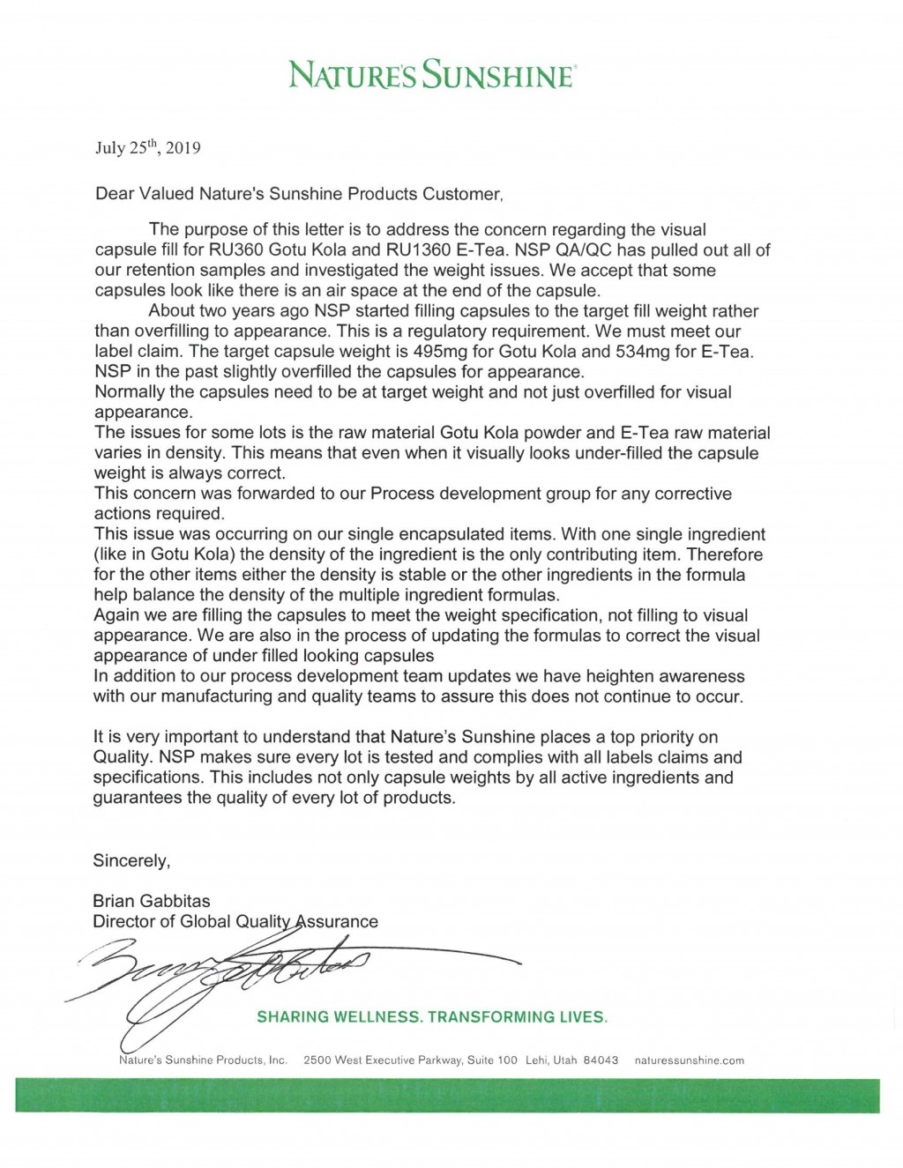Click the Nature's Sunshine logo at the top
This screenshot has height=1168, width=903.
tap(433, 75)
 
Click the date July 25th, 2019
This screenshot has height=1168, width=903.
tap(147, 148)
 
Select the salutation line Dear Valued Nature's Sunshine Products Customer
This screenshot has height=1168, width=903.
tap(299, 194)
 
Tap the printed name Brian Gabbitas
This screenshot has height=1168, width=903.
tap(152, 901)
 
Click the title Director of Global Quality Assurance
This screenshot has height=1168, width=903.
tap(235, 921)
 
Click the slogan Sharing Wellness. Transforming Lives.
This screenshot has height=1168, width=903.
tap(432, 1017)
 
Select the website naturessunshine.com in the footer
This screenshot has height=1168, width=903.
tap(690, 1060)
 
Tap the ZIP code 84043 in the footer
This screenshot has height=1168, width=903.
tap(601, 1060)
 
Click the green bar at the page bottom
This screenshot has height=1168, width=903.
tap(447, 1095)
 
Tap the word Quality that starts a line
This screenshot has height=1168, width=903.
tap(123, 757)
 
